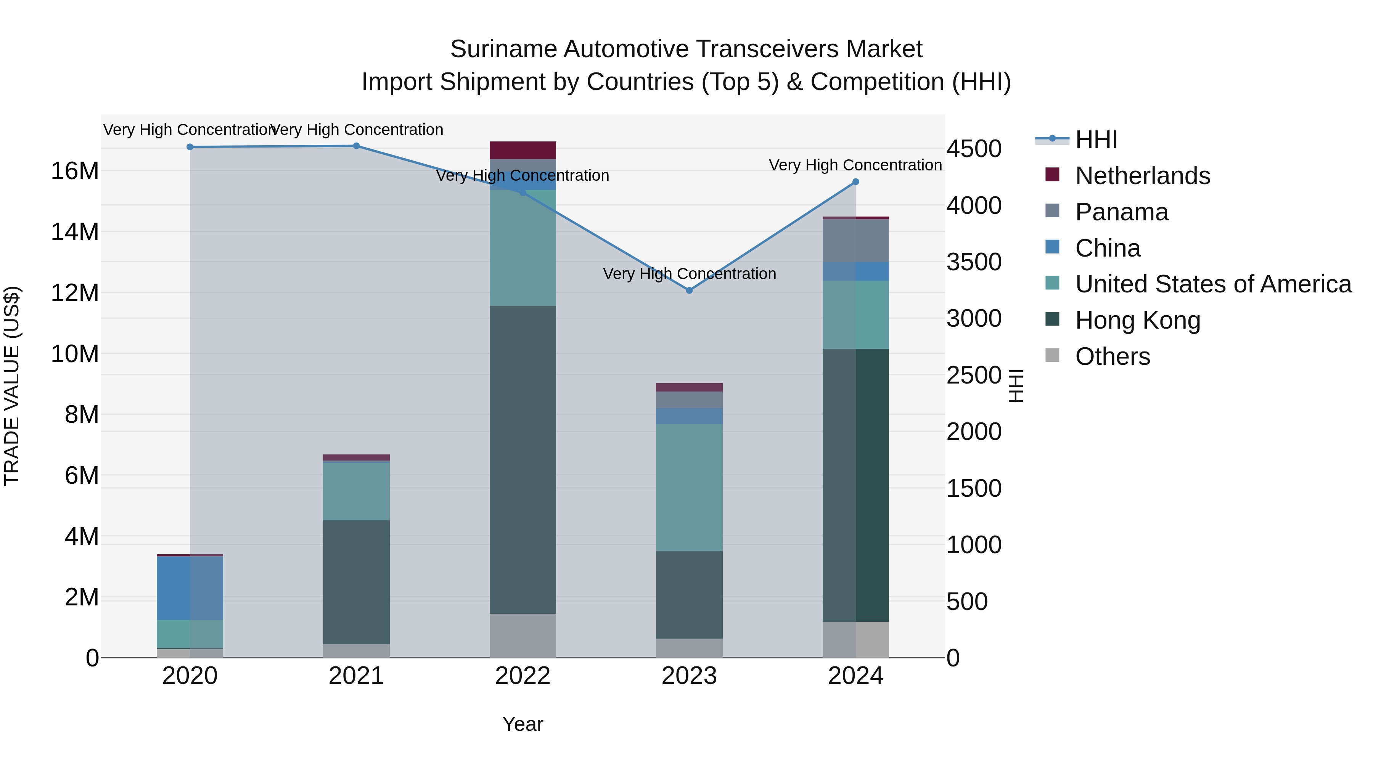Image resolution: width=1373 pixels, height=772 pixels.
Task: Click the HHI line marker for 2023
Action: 689,291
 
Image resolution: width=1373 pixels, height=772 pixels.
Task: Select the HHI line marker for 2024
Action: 855,182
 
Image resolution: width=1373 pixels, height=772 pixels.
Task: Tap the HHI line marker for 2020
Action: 190,147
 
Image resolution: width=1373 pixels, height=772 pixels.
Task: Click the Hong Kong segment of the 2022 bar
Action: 523,459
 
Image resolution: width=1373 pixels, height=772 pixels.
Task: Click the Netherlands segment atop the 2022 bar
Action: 523,150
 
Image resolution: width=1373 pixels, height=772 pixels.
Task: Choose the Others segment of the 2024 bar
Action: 855,639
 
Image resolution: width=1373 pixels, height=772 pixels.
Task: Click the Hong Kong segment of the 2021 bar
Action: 356,582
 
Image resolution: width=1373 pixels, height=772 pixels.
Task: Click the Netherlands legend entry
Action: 1142,176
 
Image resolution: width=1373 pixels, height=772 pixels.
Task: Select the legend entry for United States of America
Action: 1212,284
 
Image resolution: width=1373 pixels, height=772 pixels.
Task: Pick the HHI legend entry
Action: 1096,140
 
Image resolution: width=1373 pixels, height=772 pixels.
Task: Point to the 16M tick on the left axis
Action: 75,171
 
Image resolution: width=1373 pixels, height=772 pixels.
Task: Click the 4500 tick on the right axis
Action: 974,149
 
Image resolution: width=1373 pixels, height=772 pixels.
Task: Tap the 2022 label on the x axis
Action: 523,676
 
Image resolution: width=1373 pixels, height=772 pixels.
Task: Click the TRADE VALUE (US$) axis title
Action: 12,386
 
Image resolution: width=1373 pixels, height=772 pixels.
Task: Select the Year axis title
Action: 523,724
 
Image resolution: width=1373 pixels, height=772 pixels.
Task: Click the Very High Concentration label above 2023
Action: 689,274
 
